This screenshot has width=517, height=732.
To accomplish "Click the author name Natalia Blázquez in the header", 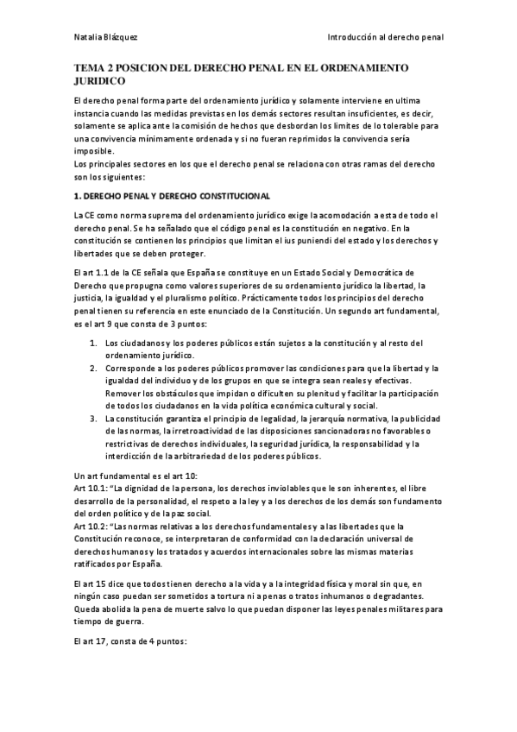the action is [x=102, y=38].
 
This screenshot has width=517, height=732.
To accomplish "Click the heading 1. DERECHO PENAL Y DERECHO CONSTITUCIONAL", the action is [x=172, y=197].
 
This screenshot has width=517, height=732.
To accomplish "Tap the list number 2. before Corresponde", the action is [x=96, y=368].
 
